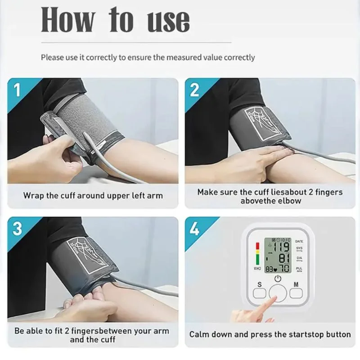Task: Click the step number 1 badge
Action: [17, 90]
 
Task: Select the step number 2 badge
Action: [194, 90]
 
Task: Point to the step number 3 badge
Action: [17, 229]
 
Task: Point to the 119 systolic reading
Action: [283, 247]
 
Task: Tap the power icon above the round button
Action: [278, 279]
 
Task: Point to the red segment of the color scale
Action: [257, 247]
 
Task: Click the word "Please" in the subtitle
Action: [52, 58]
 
